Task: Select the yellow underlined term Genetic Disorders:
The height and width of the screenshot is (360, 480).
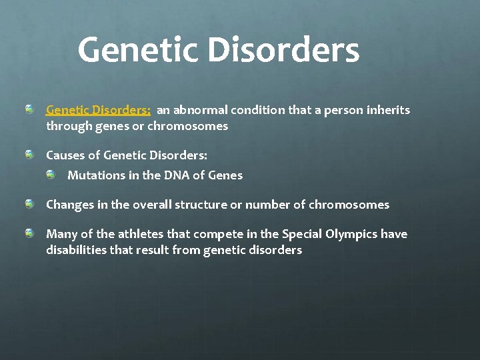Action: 98,110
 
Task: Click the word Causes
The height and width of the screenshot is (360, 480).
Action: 65,155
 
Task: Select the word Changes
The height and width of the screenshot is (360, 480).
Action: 69,205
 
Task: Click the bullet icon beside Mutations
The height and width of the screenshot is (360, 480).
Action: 51,175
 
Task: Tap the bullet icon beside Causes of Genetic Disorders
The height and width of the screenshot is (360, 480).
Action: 30,155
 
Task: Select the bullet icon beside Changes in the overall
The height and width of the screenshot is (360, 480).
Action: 30,204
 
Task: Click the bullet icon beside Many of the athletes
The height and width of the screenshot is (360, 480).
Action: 30,233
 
